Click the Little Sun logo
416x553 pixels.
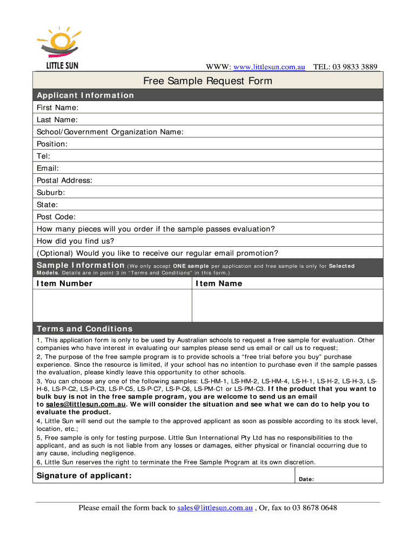tap(58, 47)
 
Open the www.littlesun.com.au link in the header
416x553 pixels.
tap(269, 67)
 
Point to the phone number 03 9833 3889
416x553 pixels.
tap(355, 67)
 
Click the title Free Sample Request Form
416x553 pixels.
tap(207, 82)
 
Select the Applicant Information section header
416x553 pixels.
tap(85, 96)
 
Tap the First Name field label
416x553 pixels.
tap(58, 107)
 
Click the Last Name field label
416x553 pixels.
tap(57, 120)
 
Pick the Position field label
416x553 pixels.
tap(52, 144)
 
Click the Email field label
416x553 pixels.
tap(48, 168)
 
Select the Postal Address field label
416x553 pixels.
tap(64, 180)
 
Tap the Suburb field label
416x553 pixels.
tap(51, 193)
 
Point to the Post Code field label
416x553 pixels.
tap(56, 217)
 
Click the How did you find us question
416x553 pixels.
tap(76, 241)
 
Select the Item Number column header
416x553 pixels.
tap(64, 284)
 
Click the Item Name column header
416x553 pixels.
tap(219, 284)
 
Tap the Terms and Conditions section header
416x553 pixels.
tap(85, 329)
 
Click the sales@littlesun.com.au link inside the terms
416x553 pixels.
tap(86, 404)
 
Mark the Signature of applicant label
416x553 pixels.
tap(84, 476)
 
